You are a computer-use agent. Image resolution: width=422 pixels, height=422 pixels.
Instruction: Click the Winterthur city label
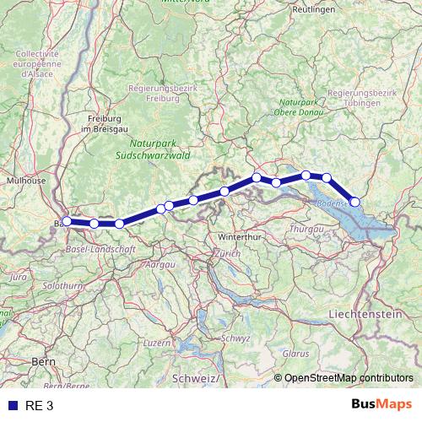(235, 237)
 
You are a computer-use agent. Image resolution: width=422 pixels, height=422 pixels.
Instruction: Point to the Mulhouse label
(26, 180)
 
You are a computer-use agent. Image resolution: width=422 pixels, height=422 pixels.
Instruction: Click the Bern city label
(42, 361)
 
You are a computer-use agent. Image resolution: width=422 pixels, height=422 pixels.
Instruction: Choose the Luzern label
(157, 344)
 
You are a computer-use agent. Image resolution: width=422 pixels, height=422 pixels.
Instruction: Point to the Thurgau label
(306, 230)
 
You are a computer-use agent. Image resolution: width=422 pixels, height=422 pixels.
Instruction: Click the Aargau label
(160, 265)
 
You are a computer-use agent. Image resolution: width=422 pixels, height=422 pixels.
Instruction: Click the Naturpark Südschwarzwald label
(154, 150)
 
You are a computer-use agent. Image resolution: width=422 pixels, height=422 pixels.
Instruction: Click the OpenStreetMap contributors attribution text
(348, 378)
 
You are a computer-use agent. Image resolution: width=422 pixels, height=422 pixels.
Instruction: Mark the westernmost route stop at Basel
(67, 221)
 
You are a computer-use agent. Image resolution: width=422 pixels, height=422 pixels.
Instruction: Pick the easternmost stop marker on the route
(355, 202)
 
